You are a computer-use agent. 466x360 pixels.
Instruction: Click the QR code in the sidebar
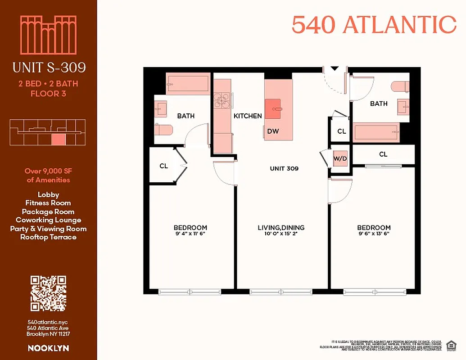(48, 293)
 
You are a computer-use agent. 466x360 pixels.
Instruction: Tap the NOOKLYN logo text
(48, 348)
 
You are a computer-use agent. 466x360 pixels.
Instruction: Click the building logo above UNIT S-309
(49, 35)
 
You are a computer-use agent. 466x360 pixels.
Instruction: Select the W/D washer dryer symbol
(340, 159)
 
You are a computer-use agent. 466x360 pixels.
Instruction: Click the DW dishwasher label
(273, 131)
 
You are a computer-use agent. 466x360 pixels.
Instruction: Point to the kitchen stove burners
(221, 100)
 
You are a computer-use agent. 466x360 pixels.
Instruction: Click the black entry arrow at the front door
(335, 68)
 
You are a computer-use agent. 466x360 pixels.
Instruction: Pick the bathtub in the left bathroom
(188, 84)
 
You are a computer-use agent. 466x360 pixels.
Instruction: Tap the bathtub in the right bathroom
(376, 132)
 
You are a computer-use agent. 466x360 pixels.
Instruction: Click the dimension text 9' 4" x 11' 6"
(190, 234)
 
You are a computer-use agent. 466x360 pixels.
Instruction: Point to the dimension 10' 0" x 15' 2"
(281, 234)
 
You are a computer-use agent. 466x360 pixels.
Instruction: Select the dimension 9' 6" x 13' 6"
(374, 234)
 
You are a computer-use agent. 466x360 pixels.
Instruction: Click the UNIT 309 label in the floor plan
(284, 169)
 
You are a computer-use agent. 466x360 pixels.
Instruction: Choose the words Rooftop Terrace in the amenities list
(48, 237)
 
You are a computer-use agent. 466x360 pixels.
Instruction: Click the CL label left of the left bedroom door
(164, 166)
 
